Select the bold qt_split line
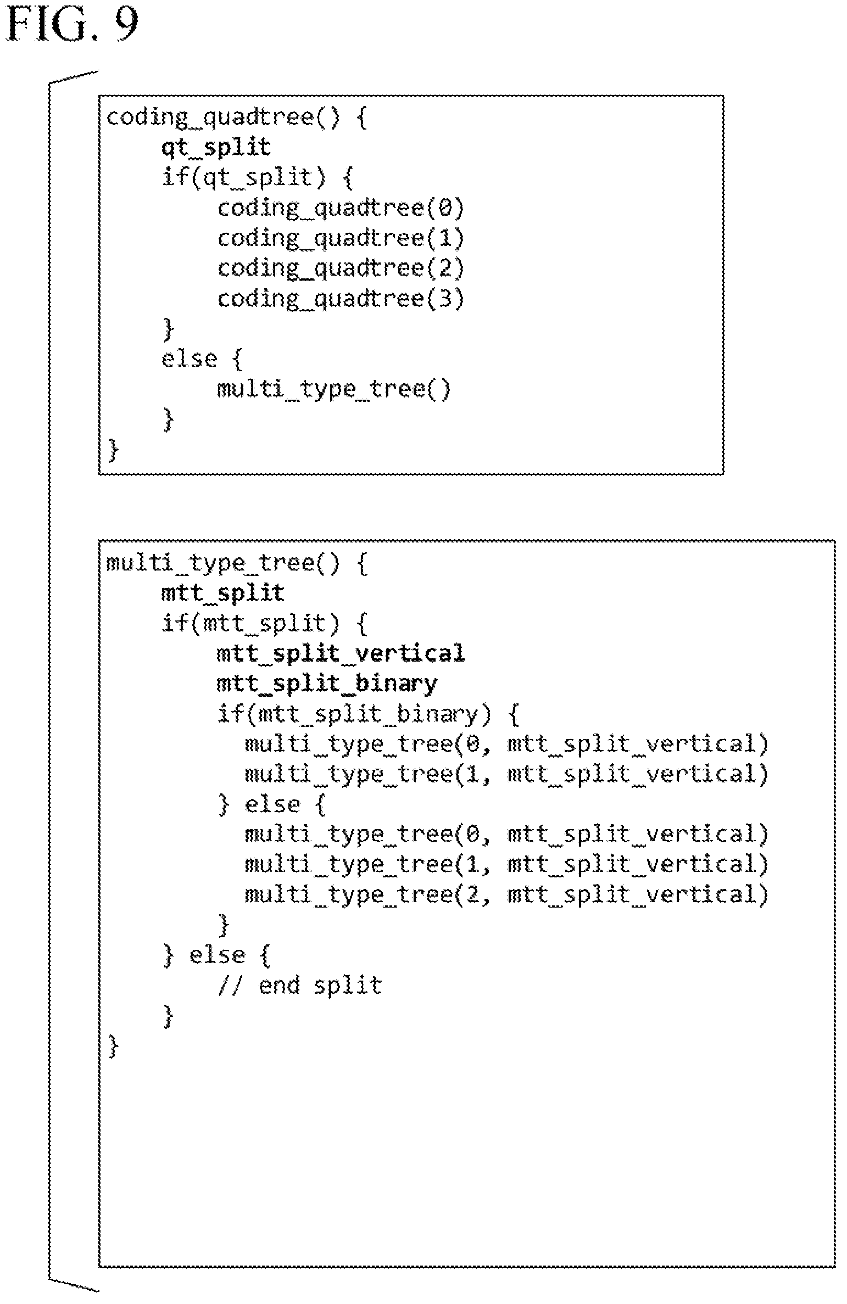pos(216,147)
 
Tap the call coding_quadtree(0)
pos(341,208)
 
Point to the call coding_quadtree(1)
pos(341,238)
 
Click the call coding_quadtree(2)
pos(341,268)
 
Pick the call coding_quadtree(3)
pos(341,299)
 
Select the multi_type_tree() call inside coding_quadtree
pos(334,389)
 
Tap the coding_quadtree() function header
pos(237,117)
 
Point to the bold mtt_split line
pos(222,594)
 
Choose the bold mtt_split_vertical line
pos(341,654)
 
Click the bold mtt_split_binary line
pos(327,684)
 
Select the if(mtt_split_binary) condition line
pos(368,714)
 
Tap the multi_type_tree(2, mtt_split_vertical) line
pos(506,896)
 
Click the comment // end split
pos(299,986)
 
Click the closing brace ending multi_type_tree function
pos(114,1046)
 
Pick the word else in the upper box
pos(189,359)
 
